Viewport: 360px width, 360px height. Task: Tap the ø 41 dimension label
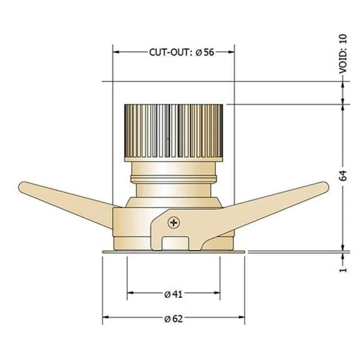[173, 294]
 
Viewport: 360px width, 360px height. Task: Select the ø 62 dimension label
[173, 319]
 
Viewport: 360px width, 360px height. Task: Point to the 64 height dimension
[343, 175]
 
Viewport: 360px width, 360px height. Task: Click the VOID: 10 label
[343, 54]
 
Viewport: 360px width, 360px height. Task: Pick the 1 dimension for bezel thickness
[343, 269]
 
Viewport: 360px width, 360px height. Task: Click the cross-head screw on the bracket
[174, 223]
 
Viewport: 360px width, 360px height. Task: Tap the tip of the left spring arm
[20, 187]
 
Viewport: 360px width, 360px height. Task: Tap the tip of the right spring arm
[327, 187]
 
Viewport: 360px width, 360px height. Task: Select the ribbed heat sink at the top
[173, 133]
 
